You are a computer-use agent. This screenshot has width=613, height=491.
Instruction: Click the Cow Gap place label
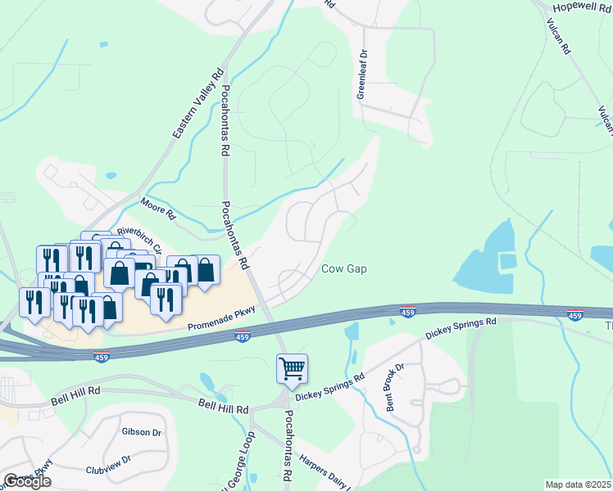coord(343,268)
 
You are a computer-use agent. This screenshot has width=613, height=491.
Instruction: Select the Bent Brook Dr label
coord(394,387)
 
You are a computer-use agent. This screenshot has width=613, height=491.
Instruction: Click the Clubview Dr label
coord(108,465)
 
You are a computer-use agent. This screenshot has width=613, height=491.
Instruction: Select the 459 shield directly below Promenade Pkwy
coord(242,336)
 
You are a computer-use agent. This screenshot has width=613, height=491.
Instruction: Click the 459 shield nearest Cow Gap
coord(408,311)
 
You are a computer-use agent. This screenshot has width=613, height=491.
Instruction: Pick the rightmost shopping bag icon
coord(207,270)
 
